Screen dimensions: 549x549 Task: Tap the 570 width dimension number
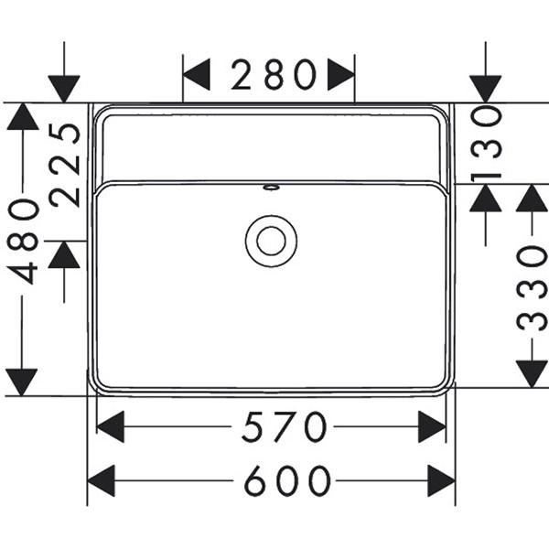pyautogui.click(x=285, y=427)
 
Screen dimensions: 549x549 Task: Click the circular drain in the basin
pyautogui.click(x=271, y=240)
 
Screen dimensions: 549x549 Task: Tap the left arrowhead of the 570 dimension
pyautogui.click(x=110, y=427)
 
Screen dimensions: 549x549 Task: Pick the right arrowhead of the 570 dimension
pyautogui.click(x=432, y=427)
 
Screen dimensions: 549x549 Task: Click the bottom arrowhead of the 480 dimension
pyautogui.click(x=22, y=382)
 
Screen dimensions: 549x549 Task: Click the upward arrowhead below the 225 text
pyautogui.click(x=64, y=254)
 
